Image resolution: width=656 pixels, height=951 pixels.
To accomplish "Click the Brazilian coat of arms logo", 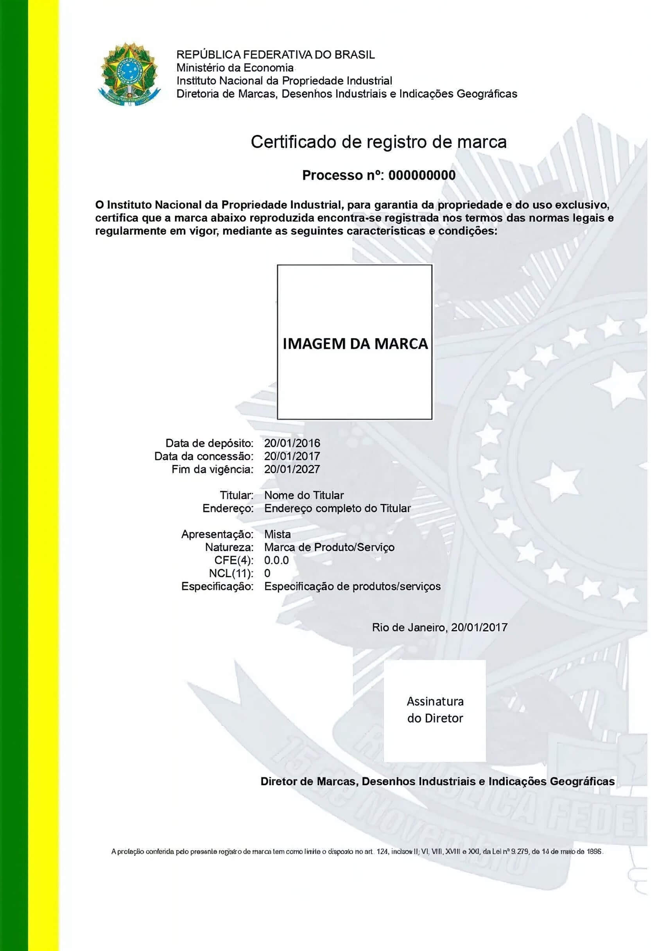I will [x=129, y=74].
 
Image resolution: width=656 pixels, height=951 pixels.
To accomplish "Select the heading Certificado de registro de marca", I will [x=378, y=142].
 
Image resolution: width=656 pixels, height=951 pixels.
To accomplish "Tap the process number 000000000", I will [x=422, y=176].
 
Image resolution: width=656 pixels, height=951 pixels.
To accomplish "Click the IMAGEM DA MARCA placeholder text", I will [x=355, y=344].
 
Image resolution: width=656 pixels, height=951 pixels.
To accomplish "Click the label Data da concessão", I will [x=204, y=456].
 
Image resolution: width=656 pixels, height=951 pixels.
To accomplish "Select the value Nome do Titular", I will [x=304, y=495].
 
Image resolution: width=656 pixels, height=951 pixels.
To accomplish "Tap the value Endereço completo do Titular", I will [x=337, y=508].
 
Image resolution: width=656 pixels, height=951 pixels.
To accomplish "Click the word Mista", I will [x=278, y=534].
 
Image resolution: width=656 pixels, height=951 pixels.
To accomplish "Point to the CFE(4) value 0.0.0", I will [x=276, y=560].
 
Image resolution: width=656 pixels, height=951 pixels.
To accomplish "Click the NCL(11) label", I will [x=231, y=573].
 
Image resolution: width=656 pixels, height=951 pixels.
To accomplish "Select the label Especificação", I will [x=217, y=586].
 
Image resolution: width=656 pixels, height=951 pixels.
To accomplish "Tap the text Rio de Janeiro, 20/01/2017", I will [x=439, y=628].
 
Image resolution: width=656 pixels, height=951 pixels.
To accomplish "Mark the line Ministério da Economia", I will [x=235, y=68].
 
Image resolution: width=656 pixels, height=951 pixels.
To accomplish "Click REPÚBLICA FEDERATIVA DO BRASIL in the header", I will [x=275, y=55].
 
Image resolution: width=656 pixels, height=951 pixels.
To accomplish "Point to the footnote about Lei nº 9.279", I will [x=357, y=852].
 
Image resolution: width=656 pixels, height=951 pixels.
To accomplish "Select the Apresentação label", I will [x=217, y=534].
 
